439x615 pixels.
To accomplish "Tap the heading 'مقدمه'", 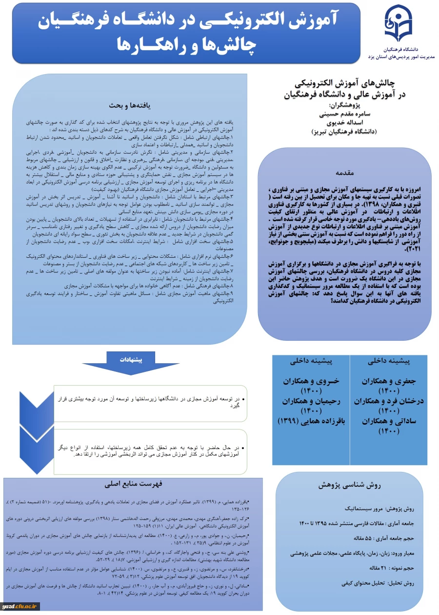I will (347, 173).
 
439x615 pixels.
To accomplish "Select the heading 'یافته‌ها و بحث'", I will (129, 105).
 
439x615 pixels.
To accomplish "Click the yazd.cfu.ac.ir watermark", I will (20, 606).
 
